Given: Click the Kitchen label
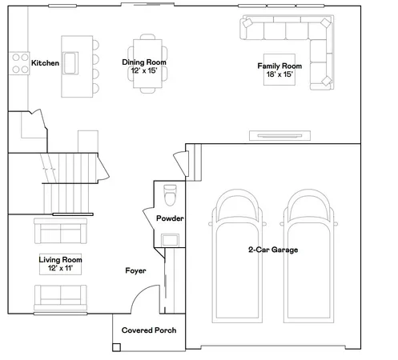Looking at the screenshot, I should [x=45, y=62].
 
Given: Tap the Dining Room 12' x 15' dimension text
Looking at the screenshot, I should [x=144, y=71].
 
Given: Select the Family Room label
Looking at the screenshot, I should [x=279, y=66].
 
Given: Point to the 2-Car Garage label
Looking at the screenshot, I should [x=272, y=250].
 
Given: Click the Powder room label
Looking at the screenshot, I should [x=170, y=218].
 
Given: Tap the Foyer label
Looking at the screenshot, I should [x=135, y=271].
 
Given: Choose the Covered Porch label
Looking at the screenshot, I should [x=148, y=330].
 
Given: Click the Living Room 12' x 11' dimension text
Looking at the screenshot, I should [x=61, y=269].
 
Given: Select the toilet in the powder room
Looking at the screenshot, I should [x=169, y=195].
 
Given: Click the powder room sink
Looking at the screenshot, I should [x=170, y=239].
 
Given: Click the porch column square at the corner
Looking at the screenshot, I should [x=117, y=347].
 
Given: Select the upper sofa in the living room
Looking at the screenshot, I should [x=59, y=233].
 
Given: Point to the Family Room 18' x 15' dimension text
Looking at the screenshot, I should [x=279, y=75].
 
